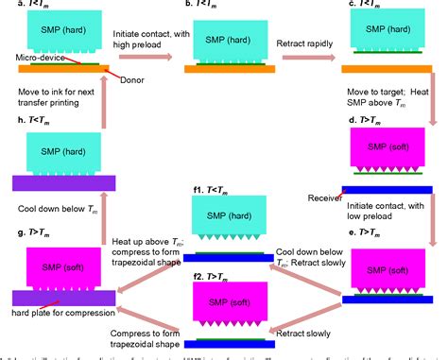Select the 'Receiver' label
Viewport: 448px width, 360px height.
pyautogui.click(x=325, y=197)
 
